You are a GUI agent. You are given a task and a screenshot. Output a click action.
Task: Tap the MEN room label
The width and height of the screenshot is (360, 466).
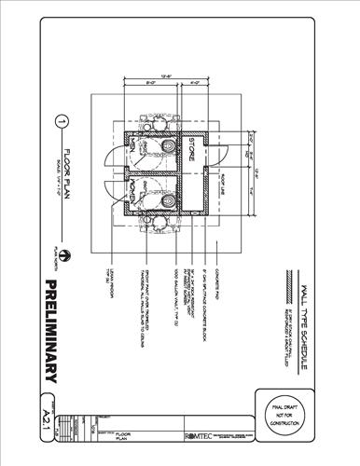click(x=134, y=150)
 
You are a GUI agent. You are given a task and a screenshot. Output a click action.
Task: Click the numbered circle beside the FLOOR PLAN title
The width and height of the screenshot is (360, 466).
click(x=62, y=121)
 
